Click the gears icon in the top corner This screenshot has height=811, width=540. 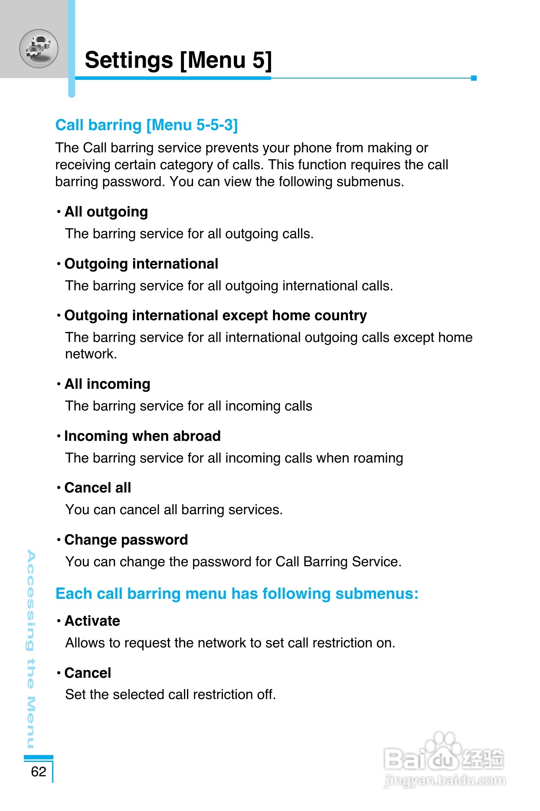(x=39, y=48)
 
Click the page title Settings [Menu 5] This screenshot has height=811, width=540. (x=178, y=60)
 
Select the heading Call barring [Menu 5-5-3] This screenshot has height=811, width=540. (x=147, y=125)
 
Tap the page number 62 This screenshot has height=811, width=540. (x=39, y=771)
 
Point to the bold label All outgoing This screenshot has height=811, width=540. (x=106, y=212)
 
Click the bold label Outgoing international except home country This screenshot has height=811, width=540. (x=216, y=315)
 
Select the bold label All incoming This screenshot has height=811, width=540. (x=108, y=384)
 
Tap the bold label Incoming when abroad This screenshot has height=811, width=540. (x=142, y=436)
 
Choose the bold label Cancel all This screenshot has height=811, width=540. (x=98, y=488)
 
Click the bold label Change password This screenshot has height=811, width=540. (x=126, y=540)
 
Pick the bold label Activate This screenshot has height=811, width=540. (x=92, y=621)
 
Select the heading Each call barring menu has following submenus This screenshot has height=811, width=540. (x=237, y=594)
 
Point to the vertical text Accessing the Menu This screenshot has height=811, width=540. (x=31, y=649)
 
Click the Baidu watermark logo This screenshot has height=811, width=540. (x=444, y=755)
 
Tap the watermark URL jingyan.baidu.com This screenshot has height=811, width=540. (x=445, y=781)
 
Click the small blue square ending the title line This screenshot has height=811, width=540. (x=474, y=78)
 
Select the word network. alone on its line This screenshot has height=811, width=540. (x=91, y=354)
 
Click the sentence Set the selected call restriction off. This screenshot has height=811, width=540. (x=170, y=695)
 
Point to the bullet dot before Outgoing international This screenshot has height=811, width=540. (x=59, y=264)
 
